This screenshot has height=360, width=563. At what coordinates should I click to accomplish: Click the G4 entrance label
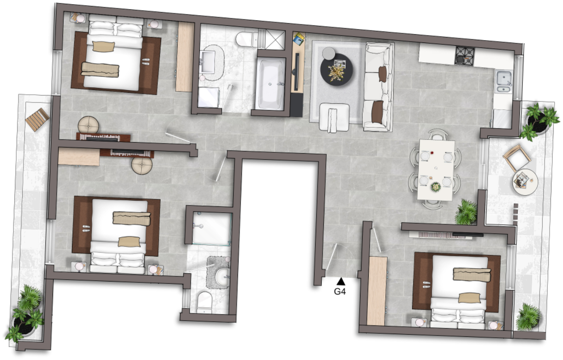pyautogui.click(x=340, y=291)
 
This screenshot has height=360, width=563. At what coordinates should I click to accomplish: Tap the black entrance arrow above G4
pyautogui.click(x=341, y=282)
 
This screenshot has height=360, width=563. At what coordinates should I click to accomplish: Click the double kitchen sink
pyautogui.click(x=503, y=81)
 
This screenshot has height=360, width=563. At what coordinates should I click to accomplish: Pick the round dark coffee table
pyautogui.click(x=336, y=70)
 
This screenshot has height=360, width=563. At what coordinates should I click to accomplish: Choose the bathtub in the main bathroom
pyautogui.click(x=270, y=84)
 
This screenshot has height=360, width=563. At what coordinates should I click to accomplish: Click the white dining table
pyautogui.click(x=436, y=170)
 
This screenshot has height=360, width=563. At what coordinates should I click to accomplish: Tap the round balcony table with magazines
pyautogui.click(x=525, y=182)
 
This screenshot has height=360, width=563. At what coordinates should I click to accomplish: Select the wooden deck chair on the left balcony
pyautogui.click(x=37, y=120)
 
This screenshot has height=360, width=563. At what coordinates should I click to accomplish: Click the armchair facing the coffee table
pyautogui.click(x=334, y=117)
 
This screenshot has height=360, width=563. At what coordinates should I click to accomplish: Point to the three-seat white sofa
pyautogui.click(x=378, y=87)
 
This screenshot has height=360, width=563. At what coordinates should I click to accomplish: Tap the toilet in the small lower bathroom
pyautogui.click(x=204, y=302)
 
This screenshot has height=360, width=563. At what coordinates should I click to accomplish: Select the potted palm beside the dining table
pyautogui.click(x=467, y=212)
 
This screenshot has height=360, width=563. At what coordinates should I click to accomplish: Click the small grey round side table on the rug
pyautogui.click(x=329, y=53)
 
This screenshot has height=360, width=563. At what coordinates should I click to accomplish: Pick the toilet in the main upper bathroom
pyautogui.click(x=247, y=39)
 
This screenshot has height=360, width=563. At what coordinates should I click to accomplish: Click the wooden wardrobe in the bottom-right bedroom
pyautogui.click(x=377, y=291)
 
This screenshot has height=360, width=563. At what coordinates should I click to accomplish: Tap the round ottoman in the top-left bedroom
pyautogui.click(x=88, y=125)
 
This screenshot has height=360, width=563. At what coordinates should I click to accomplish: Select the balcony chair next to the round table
pyautogui.click(x=517, y=157)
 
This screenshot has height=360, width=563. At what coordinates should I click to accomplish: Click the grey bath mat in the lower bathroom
pyautogui.click(x=218, y=272)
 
